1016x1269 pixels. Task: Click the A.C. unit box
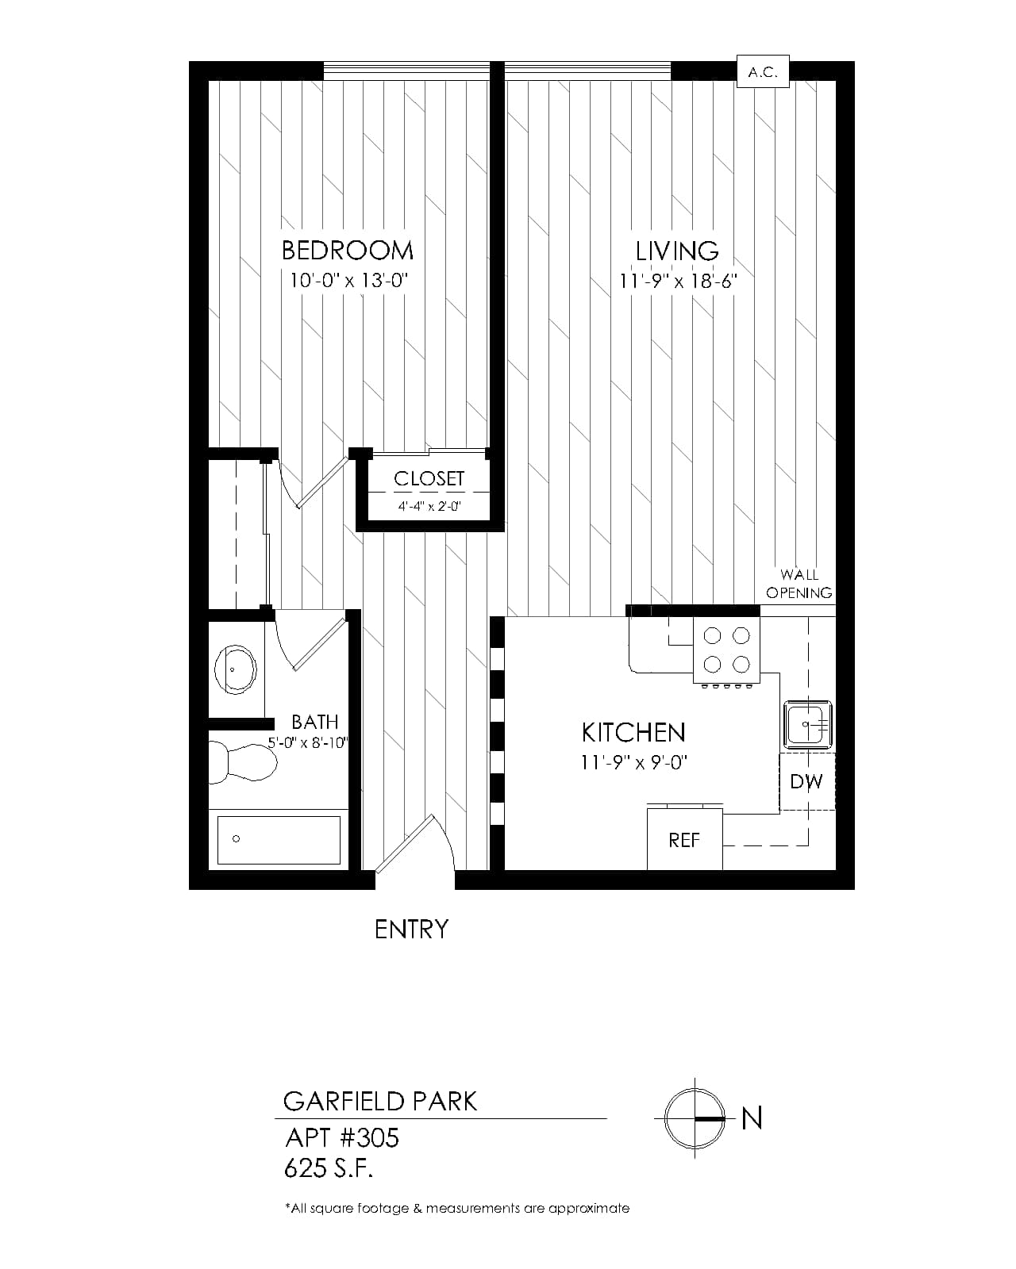click(763, 71)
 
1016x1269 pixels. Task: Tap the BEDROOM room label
click(347, 251)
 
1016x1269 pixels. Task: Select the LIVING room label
click(677, 251)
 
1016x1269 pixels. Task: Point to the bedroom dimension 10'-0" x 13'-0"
click(349, 280)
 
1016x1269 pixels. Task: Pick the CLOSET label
click(429, 478)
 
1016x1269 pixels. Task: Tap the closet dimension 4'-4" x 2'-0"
click(429, 506)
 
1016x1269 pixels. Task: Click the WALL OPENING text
click(799, 583)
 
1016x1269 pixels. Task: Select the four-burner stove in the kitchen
click(727, 650)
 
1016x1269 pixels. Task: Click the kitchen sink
click(807, 724)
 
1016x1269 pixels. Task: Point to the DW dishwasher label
click(806, 782)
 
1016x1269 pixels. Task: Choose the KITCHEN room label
click(633, 733)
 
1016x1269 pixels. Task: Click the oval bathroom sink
click(235, 670)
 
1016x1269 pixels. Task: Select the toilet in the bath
click(243, 762)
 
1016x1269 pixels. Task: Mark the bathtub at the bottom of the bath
click(279, 840)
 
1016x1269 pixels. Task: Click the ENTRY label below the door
click(411, 930)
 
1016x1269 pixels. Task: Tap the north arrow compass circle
click(695, 1118)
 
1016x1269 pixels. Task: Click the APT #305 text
click(342, 1137)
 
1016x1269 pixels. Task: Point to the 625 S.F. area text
click(329, 1168)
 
